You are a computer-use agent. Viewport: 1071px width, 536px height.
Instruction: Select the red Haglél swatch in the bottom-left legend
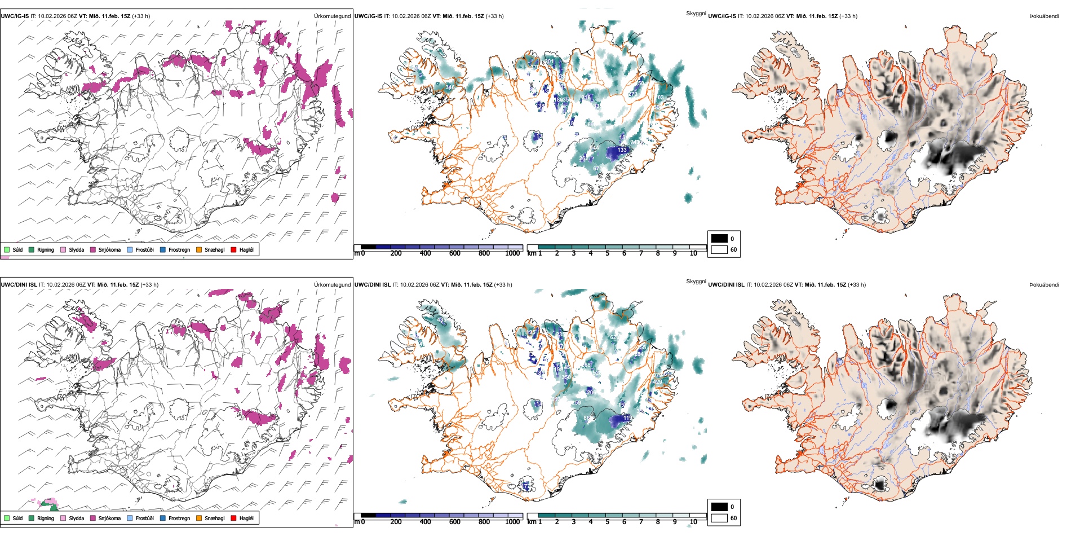coord(234,518)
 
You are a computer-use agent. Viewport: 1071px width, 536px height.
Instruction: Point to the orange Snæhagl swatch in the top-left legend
coord(199,249)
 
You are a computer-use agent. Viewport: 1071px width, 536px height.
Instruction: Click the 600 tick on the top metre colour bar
coord(454,253)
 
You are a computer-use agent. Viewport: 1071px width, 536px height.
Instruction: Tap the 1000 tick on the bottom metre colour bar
coord(512,522)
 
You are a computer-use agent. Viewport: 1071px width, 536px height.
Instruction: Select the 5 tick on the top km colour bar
coord(607,253)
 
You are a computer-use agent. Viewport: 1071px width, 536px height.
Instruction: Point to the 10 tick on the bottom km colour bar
coord(693,522)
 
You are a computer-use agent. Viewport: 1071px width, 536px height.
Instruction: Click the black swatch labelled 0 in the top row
coord(719,239)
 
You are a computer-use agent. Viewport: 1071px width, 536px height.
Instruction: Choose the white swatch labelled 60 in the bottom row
coord(719,518)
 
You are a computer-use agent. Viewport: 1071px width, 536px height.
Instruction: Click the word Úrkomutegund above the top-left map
coord(332,16)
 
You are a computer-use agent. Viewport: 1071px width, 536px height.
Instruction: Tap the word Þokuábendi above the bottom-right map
coord(1044,285)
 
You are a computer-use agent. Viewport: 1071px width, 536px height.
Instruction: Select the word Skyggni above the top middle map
coord(696,13)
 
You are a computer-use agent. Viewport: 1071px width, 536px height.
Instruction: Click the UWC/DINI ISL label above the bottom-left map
coord(19,285)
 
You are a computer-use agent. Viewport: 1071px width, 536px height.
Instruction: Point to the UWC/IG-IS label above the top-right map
coord(722,16)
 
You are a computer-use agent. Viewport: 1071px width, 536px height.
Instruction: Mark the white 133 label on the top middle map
coord(622,150)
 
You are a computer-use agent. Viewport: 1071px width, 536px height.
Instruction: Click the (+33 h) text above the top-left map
coord(141,16)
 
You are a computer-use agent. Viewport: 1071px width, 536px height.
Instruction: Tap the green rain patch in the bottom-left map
coord(54,508)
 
